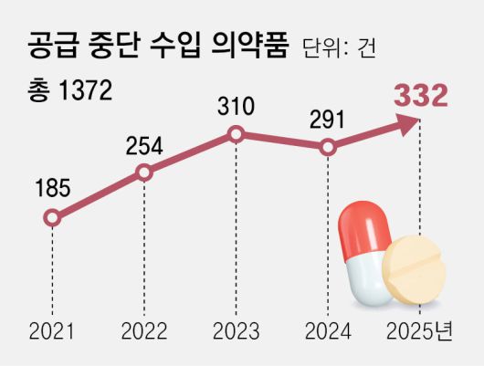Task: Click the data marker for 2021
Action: click(52, 218)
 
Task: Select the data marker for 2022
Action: click(143, 172)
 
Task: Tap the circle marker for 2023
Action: click(236, 135)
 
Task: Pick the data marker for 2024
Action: click(328, 147)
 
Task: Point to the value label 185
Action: click(52, 189)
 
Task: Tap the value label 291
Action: click(328, 118)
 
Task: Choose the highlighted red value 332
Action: click(421, 96)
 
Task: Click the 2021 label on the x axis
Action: click(52, 329)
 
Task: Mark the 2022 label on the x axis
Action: click(143, 329)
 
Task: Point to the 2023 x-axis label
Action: click(236, 329)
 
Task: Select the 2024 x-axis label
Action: click(328, 329)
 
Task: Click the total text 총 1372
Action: click(70, 90)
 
